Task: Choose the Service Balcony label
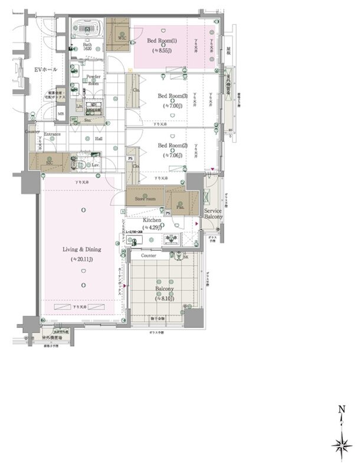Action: pyautogui.click(x=214, y=214)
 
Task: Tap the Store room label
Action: pyautogui.click(x=145, y=199)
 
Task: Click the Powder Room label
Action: pyautogui.click(x=93, y=80)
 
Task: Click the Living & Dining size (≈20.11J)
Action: pyautogui.click(x=83, y=259)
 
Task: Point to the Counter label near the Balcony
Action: pyautogui.click(x=149, y=256)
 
